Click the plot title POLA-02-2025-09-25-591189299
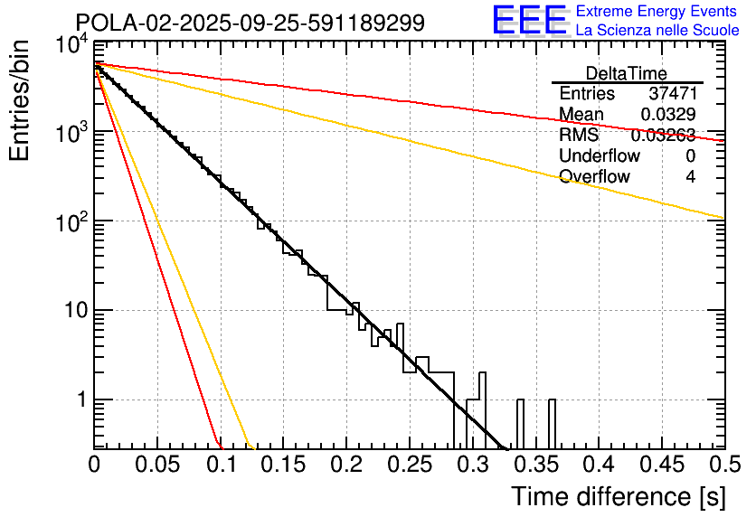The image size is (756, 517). click(x=250, y=23)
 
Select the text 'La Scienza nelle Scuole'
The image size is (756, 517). click(x=657, y=30)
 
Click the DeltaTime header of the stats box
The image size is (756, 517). click(x=627, y=73)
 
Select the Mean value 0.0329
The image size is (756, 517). click(x=667, y=115)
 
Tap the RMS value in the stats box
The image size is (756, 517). click(x=663, y=136)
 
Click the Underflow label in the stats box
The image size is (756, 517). click(x=600, y=156)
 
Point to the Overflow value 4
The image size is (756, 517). click(x=690, y=177)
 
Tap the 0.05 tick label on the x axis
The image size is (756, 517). click(x=157, y=465)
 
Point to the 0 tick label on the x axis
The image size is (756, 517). click(x=94, y=465)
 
